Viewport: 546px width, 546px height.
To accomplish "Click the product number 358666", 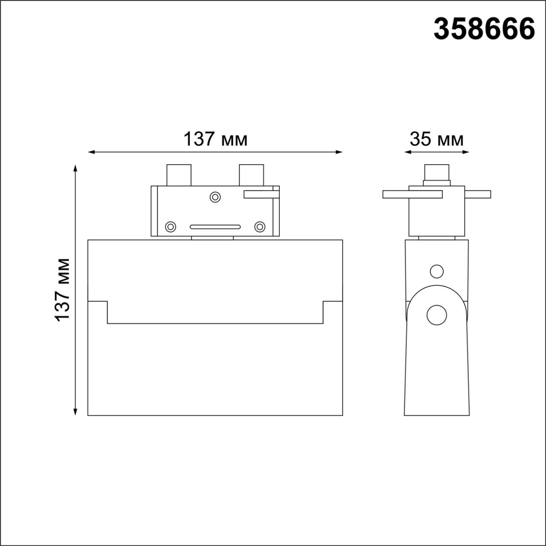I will tap(484, 29).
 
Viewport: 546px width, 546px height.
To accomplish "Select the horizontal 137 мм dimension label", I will tap(215, 139).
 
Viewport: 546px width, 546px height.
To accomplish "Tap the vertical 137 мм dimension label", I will tap(63, 290).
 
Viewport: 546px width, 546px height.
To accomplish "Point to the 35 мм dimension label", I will tap(436, 139).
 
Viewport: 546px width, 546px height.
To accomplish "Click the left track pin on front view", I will tap(179, 175).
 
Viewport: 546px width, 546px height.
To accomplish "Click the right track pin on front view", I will tap(252, 175).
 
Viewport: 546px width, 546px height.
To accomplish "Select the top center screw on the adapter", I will tap(215, 197).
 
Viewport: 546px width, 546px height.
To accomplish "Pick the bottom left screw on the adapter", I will tap(171, 227).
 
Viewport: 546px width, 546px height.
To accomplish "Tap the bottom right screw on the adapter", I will tap(260, 227).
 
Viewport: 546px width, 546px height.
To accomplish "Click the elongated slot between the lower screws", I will tap(215, 227).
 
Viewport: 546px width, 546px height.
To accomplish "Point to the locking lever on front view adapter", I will tap(261, 195).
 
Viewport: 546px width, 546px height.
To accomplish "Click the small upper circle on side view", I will tap(436, 271).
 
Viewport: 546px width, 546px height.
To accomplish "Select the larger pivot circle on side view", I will tap(436, 315).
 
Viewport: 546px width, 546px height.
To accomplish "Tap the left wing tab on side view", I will tap(412, 195).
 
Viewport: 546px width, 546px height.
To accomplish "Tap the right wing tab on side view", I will tap(478, 195).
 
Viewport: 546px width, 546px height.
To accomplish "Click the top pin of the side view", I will tap(436, 173).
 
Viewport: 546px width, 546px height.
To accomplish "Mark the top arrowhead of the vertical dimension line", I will tap(76, 167).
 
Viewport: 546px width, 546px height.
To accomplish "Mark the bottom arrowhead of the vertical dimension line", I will tap(76, 412).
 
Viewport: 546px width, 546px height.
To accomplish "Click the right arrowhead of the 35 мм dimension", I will tap(467, 152).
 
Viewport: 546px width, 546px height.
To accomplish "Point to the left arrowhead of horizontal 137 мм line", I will tap(91, 152).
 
